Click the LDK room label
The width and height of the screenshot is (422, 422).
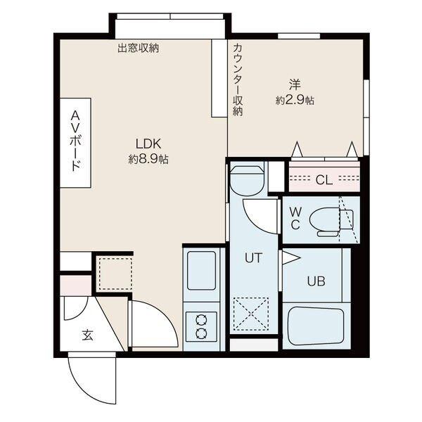click(x=148, y=144)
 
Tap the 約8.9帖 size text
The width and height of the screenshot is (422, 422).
click(x=148, y=159)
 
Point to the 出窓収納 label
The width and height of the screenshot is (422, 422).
click(x=138, y=49)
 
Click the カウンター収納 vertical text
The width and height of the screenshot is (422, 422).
click(x=238, y=79)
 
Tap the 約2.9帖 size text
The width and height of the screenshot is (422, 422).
click(x=295, y=101)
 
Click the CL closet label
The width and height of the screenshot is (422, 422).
click(x=324, y=179)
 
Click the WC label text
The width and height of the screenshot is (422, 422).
click(x=295, y=218)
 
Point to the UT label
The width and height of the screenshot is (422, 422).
click(x=253, y=257)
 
